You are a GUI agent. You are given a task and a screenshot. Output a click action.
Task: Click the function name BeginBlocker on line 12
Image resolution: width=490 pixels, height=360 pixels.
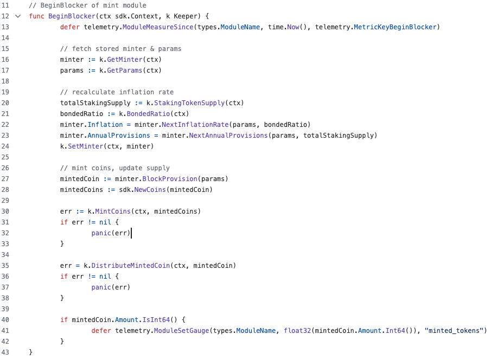click(72, 16)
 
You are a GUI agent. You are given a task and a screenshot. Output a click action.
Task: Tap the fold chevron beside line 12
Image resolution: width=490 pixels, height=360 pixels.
click(18, 16)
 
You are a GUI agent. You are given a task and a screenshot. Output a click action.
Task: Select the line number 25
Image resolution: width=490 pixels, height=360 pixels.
click(5, 157)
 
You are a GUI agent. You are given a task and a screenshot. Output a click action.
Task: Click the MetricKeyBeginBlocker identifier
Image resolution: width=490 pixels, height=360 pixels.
click(394, 27)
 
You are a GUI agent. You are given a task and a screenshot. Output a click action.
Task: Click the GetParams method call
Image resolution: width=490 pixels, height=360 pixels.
click(125, 70)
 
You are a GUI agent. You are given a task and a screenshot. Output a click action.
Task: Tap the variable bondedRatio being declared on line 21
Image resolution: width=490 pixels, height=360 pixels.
click(81, 114)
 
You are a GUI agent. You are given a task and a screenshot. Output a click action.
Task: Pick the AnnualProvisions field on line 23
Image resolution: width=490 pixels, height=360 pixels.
click(119, 136)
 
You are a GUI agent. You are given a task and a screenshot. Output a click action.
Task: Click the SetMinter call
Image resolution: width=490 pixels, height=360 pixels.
click(86, 146)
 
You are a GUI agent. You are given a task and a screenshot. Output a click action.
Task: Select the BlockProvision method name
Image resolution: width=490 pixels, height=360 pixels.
click(170, 179)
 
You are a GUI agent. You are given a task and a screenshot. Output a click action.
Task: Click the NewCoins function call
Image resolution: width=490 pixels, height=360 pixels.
click(150, 190)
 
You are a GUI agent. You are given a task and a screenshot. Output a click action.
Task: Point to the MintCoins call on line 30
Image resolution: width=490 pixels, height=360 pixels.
click(113, 211)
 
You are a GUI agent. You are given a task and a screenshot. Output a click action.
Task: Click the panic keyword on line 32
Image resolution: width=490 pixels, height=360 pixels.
click(101, 233)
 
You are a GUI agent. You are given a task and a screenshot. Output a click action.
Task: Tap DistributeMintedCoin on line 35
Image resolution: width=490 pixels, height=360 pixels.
click(131, 266)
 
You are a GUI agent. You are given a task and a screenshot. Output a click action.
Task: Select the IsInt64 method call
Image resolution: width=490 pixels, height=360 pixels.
click(156, 320)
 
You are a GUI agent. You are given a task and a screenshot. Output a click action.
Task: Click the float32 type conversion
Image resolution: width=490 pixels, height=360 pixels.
click(297, 331)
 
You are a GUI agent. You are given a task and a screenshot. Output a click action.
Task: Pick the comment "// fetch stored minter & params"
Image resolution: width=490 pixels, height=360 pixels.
click(120, 49)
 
